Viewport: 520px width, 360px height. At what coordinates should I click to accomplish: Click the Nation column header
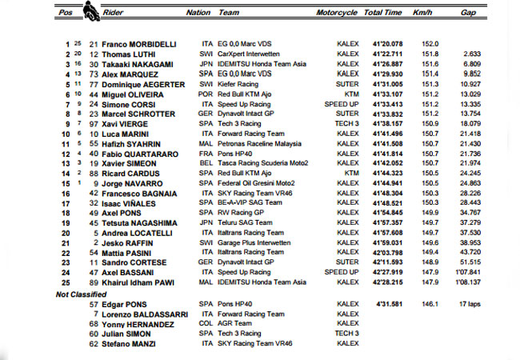[x=198, y=13]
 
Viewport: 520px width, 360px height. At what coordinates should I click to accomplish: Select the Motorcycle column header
[x=337, y=13]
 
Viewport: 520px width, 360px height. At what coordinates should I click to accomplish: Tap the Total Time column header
[x=383, y=13]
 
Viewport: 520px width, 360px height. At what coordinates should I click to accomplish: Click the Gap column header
[x=469, y=13]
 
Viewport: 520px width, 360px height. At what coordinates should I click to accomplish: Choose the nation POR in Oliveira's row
[x=204, y=93]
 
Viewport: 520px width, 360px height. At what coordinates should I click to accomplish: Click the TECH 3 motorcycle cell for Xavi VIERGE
[x=348, y=123]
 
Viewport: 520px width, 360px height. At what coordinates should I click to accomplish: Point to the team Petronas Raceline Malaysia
[x=262, y=143]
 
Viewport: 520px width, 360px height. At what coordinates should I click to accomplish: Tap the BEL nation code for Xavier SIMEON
[x=204, y=163]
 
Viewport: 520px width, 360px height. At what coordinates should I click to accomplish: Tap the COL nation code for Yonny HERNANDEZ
[x=204, y=325]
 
